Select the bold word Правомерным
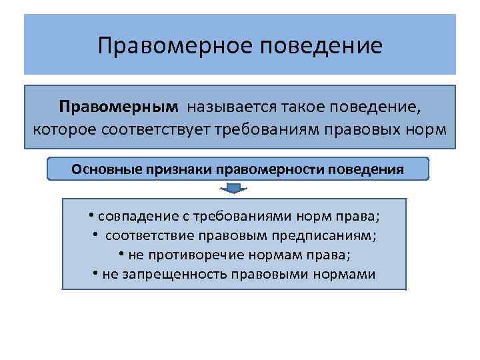coord(119,107)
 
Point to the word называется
coord(229,107)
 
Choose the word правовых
coord(365,127)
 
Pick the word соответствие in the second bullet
coord(148,235)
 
